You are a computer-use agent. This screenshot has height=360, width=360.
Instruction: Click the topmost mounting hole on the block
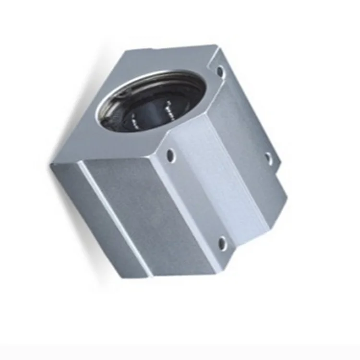tap(220, 72)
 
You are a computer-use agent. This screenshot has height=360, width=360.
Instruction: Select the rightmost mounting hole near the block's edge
tap(269, 157)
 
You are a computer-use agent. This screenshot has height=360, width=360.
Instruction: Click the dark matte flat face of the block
tap(144, 211)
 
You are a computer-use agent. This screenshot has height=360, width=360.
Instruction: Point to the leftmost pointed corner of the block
tap(51, 165)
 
